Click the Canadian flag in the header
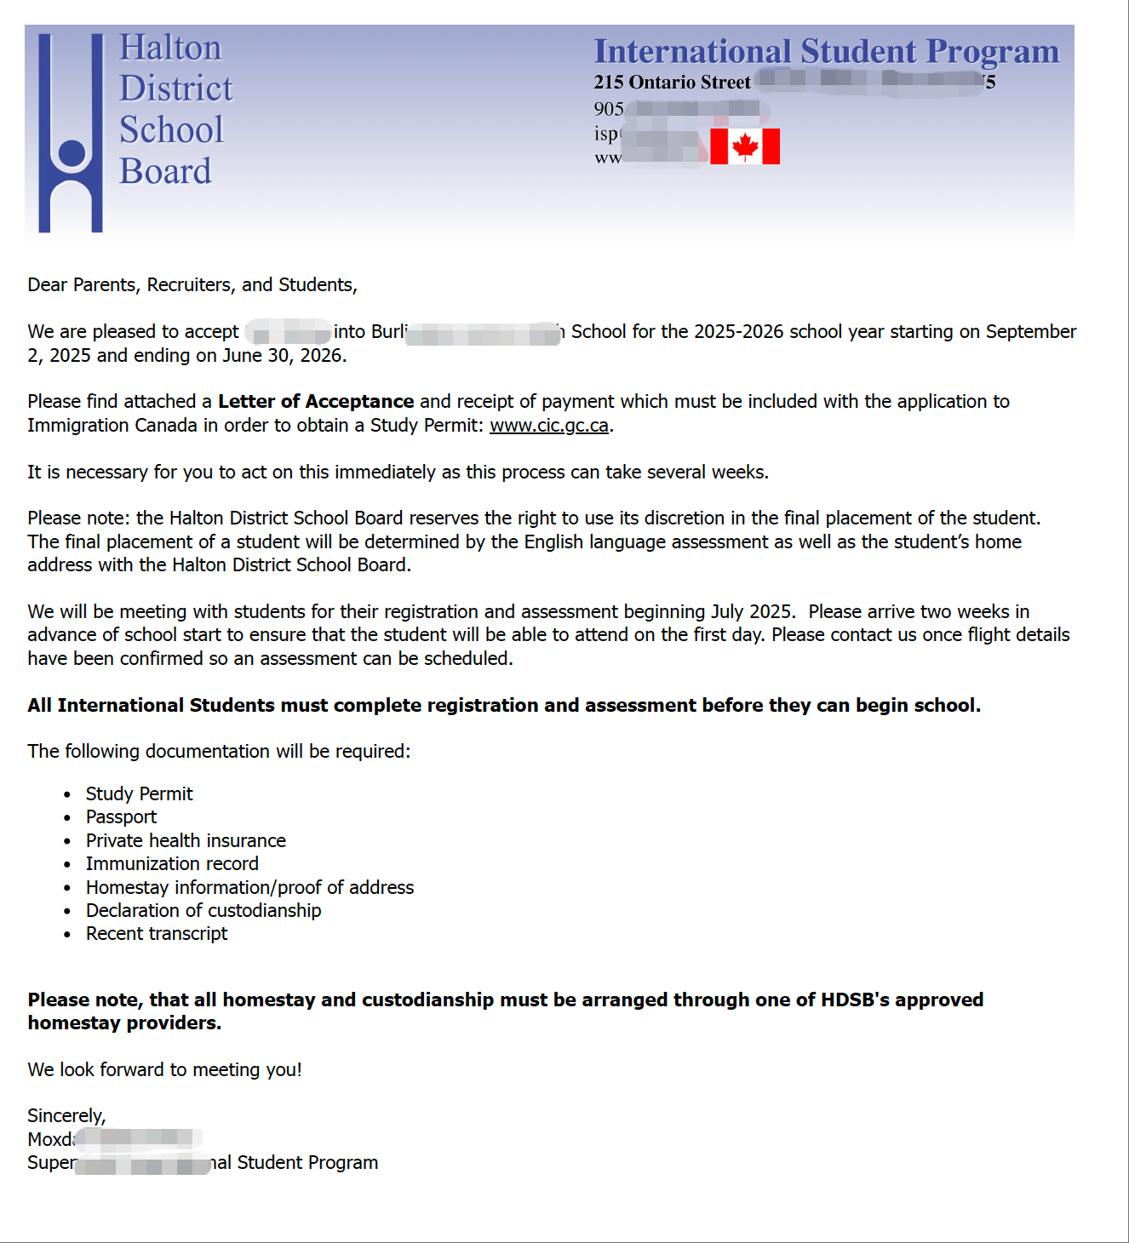click(x=745, y=146)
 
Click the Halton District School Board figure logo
click(x=71, y=133)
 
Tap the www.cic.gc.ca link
click(x=549, y=426)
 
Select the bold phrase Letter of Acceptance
click(x=316, y=402)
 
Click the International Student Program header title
click(x=826, y=51)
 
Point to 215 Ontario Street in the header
click(x=672, y=83)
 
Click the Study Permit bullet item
click(x=139, y=794)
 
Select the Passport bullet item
click(x=121, y=817)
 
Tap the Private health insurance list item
click(x=186, y=841)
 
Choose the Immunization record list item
click(x=172, y=864)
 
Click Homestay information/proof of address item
click(x=249, y=888)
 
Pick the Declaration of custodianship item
click(x=203, y=911)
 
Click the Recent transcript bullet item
click(x=157, y=934)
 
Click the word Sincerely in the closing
click(x=66, y=1116)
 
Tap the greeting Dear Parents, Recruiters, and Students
click(x=192, y=285)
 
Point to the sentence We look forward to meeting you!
click(x=164, y=1070)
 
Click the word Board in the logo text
click(x=165, y=171)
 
